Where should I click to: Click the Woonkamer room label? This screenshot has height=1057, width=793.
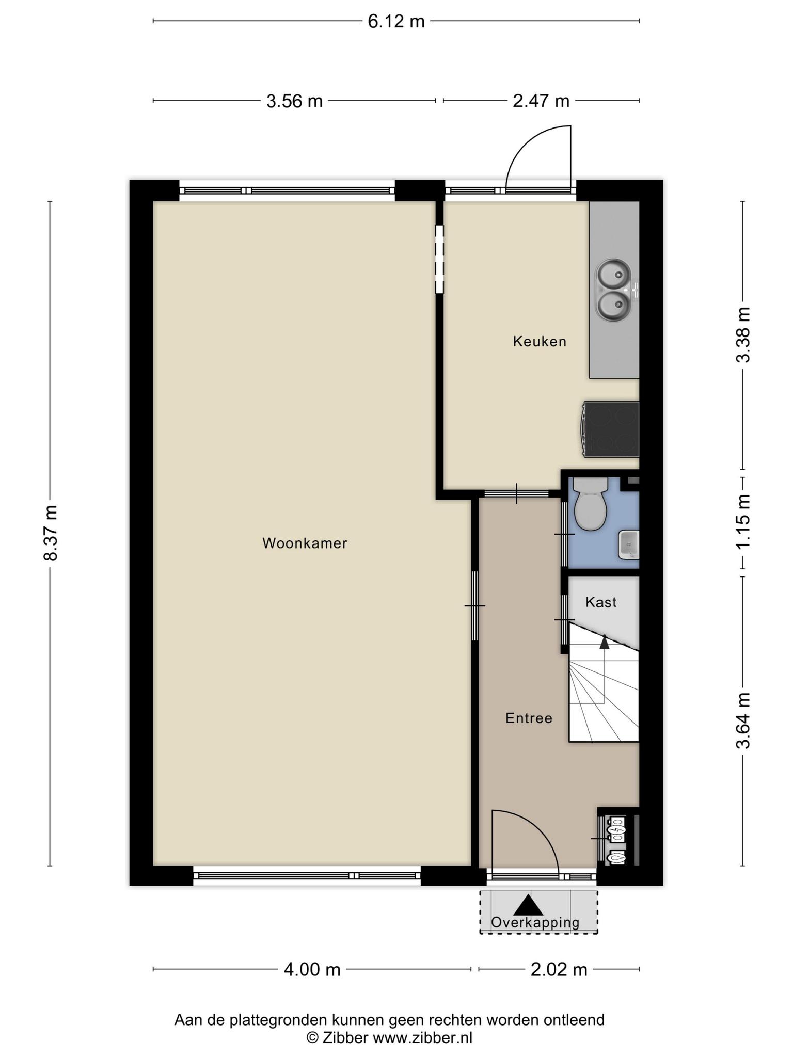click(x=305, y=543)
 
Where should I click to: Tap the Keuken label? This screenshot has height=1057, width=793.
click(x=540, y=341)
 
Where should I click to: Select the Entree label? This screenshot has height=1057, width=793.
click(x=529, y=718)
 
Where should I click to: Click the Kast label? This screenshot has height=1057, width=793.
click(x=601, y=602)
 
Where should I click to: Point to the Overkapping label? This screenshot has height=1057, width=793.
click(x=535, y=922)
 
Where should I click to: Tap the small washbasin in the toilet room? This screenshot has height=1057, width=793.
click(x=628, y=544)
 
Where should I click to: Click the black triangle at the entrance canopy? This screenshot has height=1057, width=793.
click(x=528, y=905)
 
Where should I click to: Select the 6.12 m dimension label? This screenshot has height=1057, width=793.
click(x=396, y=21)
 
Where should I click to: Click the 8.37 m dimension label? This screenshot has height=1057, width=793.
click(x=51, y=533)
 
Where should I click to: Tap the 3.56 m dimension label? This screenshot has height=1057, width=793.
click(x=294, y=101)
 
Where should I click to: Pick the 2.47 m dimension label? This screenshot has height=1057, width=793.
click(x=541, y=101)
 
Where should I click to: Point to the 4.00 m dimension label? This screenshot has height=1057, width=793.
click(x=312, y=970)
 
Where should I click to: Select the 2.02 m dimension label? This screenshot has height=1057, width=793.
click(x=559, y=970)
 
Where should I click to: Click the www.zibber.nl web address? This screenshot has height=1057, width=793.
click(x=422, y=1037)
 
